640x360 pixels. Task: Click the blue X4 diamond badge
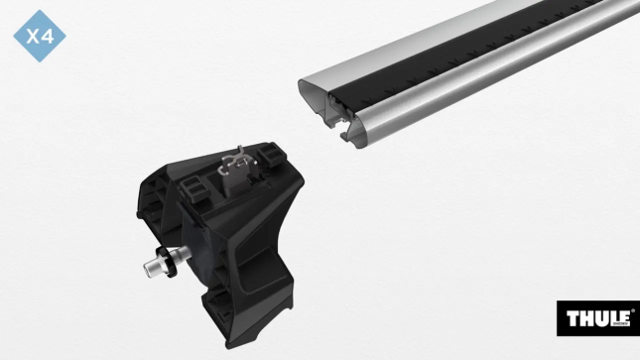point(40,38)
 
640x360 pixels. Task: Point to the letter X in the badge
point(32,38)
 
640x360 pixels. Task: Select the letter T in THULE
point(573,318)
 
